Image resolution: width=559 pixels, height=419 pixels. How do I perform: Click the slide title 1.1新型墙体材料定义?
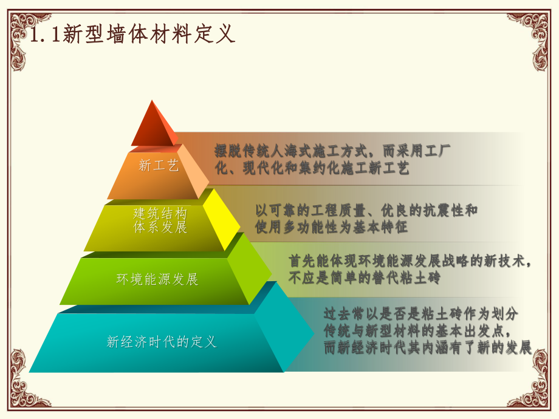(132, 34)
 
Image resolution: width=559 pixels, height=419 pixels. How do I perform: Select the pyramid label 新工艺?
(159, 165)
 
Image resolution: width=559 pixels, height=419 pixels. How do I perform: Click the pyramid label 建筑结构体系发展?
(160, 220)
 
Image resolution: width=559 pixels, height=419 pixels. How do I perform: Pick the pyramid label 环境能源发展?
(157, 279)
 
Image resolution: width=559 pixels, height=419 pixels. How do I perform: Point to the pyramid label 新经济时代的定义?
(162, 342)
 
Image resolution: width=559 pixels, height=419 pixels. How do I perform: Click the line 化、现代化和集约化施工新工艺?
(312, 168)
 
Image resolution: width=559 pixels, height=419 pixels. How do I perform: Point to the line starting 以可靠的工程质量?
(366, 210)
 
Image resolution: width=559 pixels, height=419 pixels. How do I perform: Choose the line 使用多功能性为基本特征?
(332, 227)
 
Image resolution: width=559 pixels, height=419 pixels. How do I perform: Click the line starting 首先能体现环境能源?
(411, 261)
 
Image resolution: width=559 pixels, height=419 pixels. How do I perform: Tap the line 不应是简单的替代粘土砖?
(364, 278)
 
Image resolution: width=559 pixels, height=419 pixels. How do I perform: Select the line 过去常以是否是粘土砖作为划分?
(420, 314)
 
